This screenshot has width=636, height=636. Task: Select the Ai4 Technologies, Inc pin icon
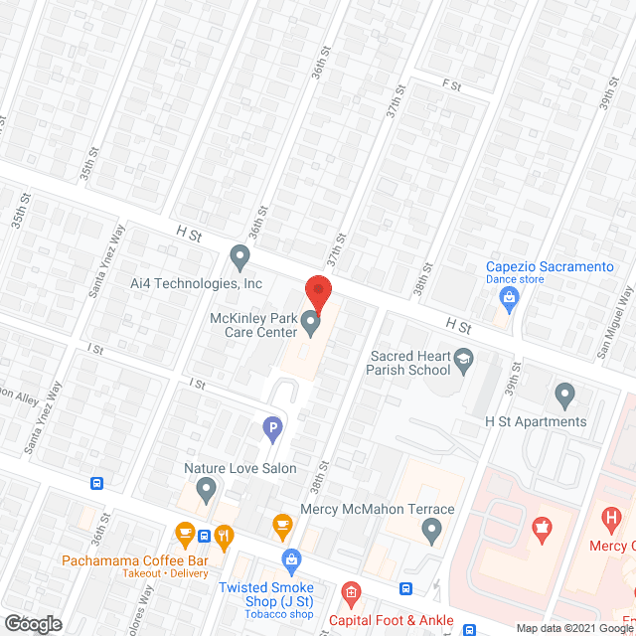[x=239, y=258]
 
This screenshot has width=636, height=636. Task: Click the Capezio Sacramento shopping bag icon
[x=510, y=297]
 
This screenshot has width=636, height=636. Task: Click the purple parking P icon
[x=271, y=429]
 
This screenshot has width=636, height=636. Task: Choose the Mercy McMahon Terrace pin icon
[x=431, y=534]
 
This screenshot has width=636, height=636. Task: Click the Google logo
[x=32, y=624]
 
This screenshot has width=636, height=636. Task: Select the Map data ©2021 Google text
[x=572, y=628]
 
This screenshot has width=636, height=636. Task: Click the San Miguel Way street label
[x=615, y=322]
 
